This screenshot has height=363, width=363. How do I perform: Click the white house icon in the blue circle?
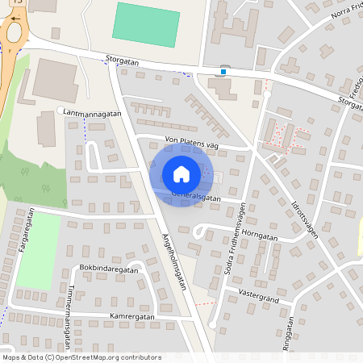(x=181, y=173)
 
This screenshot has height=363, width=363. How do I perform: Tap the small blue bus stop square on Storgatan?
(x=223, y=71)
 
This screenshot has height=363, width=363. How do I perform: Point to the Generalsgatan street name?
(x=198, y=196)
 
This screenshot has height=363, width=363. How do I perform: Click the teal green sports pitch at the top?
(x=145, y=24)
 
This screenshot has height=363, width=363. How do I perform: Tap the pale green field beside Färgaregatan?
(x=38, y=250)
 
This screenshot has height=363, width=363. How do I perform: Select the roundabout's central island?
(x=13, y=32)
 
